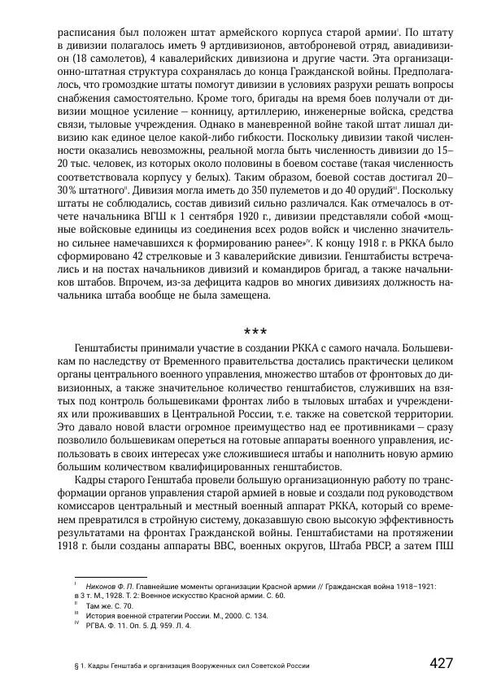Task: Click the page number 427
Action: [441, 663]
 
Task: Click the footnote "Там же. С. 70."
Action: [111, 606]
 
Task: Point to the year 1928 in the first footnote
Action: [109, 596]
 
